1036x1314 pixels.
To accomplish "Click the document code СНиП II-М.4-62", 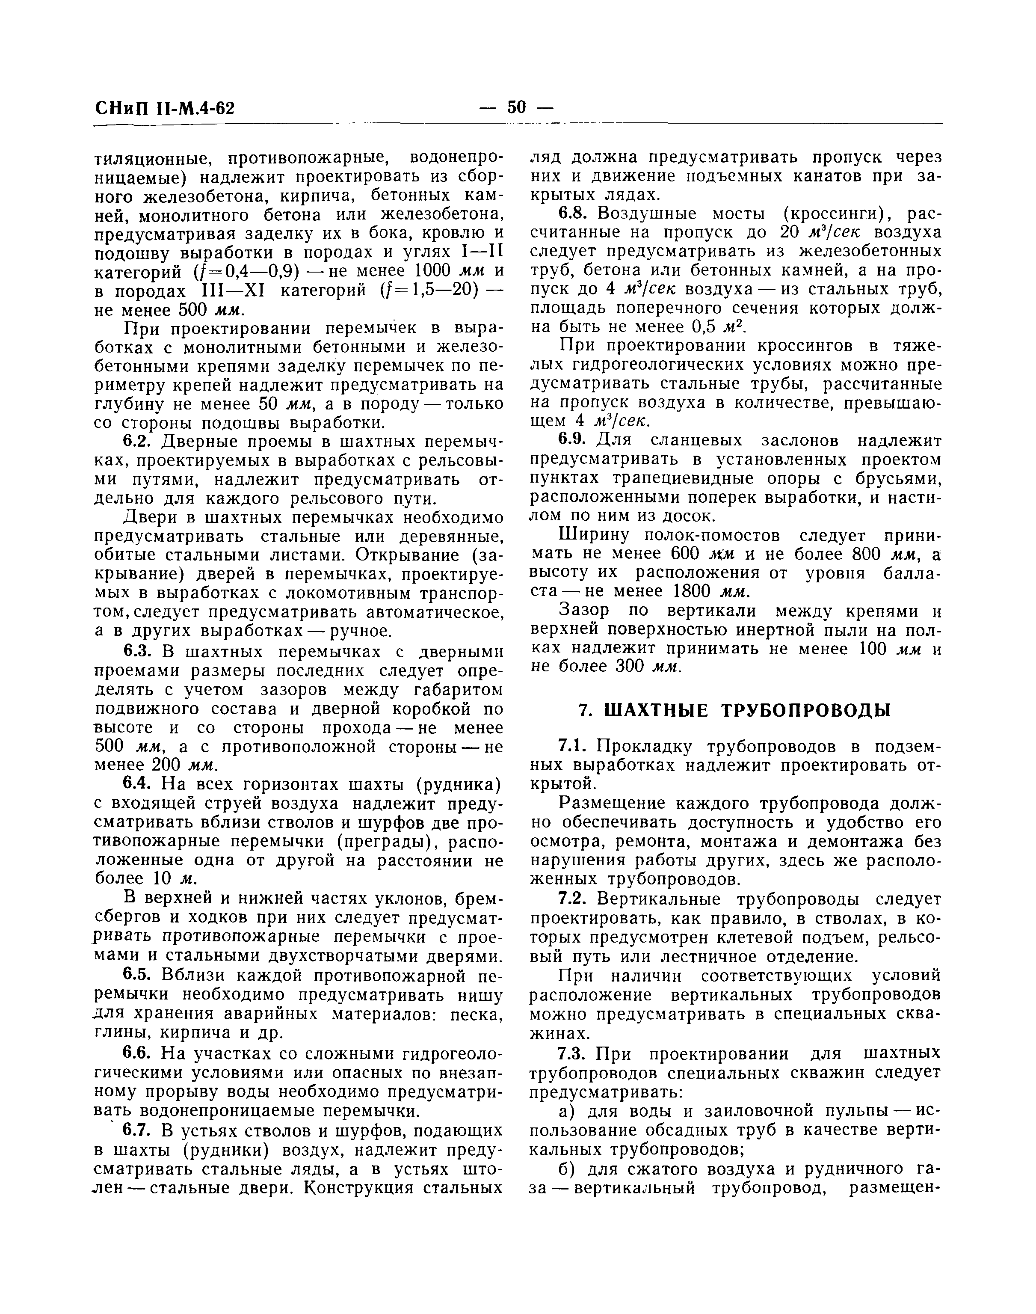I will click(165, 109).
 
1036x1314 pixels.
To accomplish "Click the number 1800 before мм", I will click(692, 591).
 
